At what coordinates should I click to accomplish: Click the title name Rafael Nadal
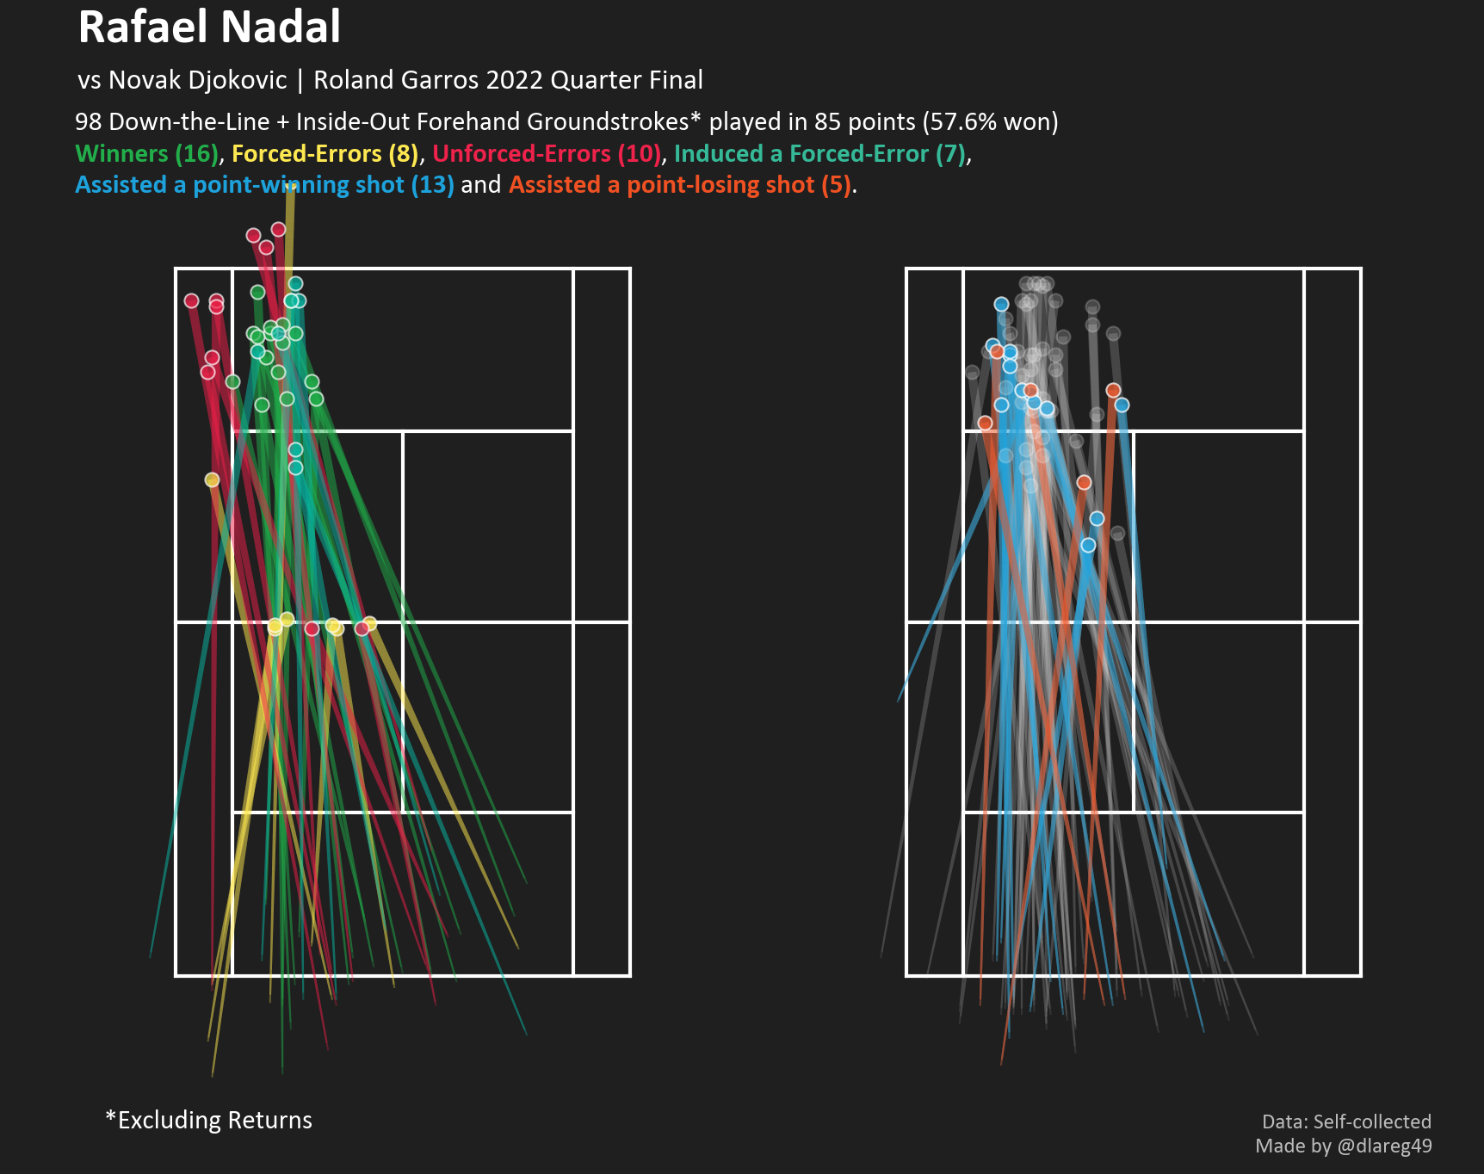tap(209, 28)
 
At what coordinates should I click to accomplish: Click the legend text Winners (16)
tap(146, 154)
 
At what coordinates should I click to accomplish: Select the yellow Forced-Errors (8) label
tap(325, 154)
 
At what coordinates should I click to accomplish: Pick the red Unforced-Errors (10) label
tap(547, 154)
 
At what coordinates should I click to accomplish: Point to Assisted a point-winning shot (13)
tap(263, 185)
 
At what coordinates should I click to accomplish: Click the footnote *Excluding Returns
tap(208, 1120)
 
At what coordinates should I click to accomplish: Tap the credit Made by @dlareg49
tap(1343, 1146)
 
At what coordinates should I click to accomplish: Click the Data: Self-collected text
tap(1346, 1121)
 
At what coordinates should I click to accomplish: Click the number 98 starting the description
tap(89, 122)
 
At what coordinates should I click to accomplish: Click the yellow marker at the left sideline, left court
tap(212, 479)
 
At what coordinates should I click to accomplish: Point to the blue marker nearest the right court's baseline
tap(1001, 304)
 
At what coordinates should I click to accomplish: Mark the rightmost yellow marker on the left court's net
tap(369, 623)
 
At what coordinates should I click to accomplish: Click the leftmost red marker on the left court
tap(191, 300)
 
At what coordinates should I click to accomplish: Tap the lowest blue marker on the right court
tap(1088, 545)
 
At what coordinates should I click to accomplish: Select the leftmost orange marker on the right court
tap(985, 423)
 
